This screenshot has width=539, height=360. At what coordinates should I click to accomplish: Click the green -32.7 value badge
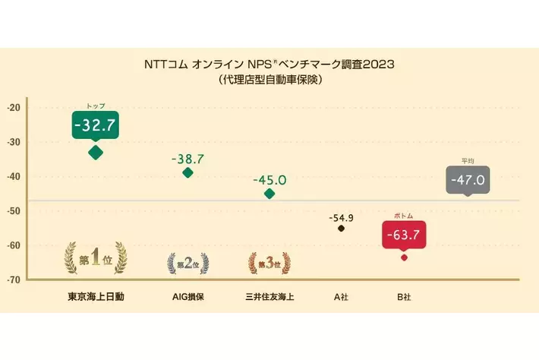pos(96,125)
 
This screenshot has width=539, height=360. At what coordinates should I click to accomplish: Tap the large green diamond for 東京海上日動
pos(96,152)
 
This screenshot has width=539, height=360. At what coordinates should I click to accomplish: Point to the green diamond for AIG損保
pos(188,172)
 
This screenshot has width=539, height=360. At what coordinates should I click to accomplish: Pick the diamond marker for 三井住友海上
pos(269,194)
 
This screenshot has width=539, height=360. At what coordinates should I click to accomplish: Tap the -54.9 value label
pos(341,218)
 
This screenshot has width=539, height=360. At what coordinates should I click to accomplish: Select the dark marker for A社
pos(341,228)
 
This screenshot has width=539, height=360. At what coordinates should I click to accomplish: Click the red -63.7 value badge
pos(403,234)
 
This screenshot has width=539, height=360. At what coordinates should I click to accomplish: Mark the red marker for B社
pos(404,257)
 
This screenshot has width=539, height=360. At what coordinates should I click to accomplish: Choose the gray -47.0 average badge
pos(467,181)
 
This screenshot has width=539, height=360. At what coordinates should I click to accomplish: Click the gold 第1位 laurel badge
pos(96,259)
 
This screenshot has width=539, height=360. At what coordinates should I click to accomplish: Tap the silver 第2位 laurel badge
pos(188,264)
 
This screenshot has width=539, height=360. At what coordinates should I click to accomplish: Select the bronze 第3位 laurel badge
pos(269,264)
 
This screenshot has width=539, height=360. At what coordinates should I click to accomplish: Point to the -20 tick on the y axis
pos(14,107)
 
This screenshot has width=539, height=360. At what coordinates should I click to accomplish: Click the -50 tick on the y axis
pos(14,211)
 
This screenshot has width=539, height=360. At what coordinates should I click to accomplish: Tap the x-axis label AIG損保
pos(188,296)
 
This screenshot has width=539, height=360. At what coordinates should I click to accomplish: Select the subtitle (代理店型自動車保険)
pos(269,78)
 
